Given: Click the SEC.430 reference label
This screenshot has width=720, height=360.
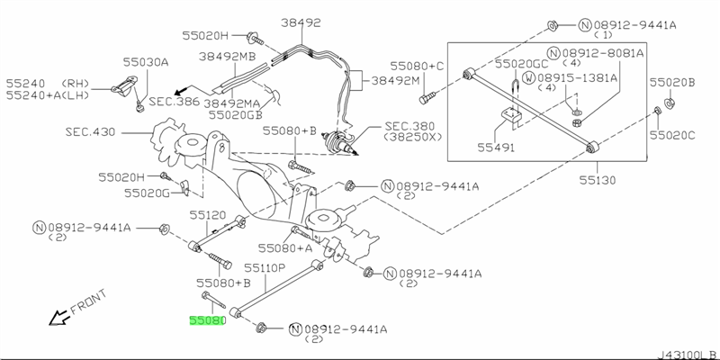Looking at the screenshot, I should pyautogui.click(x=89, y=130).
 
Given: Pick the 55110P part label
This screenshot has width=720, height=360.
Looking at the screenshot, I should pyautogui.click(x=265, y=268).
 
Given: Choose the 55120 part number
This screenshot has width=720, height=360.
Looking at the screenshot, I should pyautogui.click(x=208, y=215).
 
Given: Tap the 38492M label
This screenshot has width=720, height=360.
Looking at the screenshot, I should pyautogui.click(x=397, y=80).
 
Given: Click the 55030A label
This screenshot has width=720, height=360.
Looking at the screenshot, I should pyautogui.click(x=146, y=62).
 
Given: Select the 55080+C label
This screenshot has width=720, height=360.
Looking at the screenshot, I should pyautogui.click(x=418, y=66).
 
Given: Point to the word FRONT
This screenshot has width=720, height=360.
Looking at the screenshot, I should pyautogui.click(x=88, y=301).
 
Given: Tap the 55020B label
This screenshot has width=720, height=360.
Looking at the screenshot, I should pyautogui.click(x=679, y=82).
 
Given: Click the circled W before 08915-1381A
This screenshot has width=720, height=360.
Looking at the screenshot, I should pyautogui.click(x=531, y=78).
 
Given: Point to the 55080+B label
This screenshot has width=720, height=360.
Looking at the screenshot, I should pyautogui.click(x=291, y=130).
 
